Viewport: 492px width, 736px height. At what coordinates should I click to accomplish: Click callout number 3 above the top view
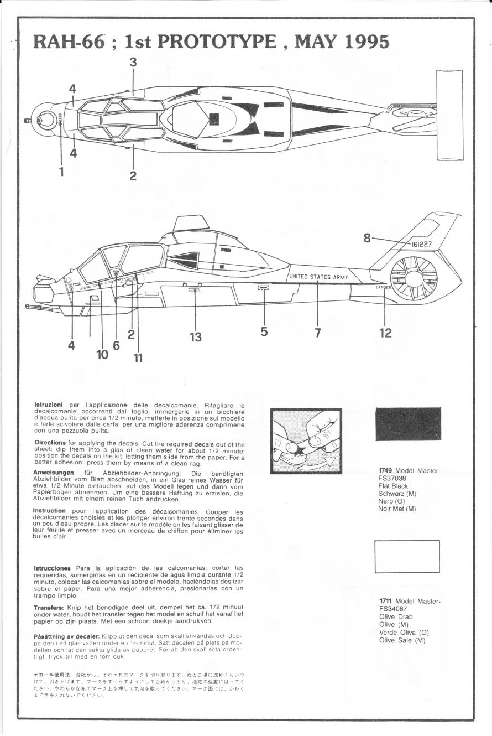[133, 63]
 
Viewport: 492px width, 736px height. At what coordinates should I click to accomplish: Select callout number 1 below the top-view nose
[61, 172]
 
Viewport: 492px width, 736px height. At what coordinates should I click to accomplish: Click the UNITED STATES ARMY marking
[319, 276]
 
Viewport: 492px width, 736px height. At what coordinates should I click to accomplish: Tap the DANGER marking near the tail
[383, 288]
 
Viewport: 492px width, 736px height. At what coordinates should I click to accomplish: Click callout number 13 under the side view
[196, 336]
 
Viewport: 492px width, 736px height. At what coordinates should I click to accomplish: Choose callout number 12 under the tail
[385, 332]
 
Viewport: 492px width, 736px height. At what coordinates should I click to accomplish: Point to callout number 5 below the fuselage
[264, 331]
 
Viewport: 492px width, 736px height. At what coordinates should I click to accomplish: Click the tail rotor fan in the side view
[414, 278]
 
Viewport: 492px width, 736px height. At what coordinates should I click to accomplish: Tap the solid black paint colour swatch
[408, 424]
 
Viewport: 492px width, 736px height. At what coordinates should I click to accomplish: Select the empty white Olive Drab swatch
[407, 556]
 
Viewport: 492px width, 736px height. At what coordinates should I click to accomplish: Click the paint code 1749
[386, 471]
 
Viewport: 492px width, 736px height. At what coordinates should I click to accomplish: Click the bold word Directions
[50, 443]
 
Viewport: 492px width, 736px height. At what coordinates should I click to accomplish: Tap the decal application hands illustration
[306, 441]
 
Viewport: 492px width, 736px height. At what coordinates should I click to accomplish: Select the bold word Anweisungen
[55, 472]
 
